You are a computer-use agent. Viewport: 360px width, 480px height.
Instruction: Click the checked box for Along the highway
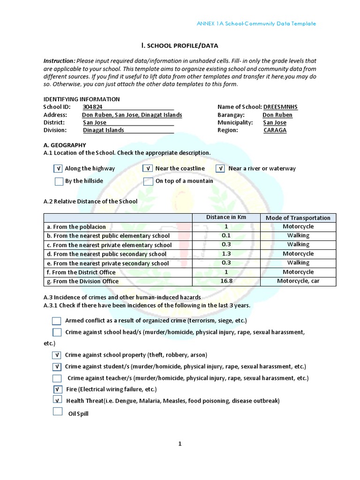58,169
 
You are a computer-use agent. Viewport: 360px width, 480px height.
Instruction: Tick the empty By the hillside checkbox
59,181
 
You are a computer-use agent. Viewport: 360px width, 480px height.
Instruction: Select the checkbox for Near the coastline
148,169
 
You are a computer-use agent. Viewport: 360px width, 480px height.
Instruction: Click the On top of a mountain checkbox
148,181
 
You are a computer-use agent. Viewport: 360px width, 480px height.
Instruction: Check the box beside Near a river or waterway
221,169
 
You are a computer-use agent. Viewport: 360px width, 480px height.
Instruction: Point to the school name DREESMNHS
280,107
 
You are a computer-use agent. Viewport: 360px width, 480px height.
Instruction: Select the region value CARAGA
275,130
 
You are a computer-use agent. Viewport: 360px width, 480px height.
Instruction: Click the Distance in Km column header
226,217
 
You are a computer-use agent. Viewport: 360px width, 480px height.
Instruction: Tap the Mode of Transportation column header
298,217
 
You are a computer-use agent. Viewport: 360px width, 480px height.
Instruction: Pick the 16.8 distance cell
226,281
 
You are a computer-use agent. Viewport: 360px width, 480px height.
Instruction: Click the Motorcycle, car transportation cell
298,281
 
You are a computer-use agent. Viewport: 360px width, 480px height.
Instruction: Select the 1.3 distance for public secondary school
226,254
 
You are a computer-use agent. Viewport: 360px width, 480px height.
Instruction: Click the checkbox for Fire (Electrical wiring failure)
57,389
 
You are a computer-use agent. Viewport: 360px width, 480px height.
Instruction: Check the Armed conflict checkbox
57,321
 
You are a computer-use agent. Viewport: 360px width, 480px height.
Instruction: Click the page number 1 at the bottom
180,444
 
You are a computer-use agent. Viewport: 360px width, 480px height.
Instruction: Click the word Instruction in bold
59,61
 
